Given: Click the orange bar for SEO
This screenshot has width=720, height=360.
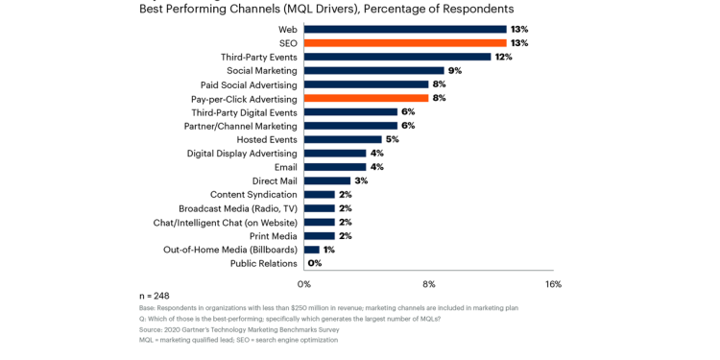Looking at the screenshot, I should pos(405,43).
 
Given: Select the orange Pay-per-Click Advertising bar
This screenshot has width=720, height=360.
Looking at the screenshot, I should pos(366,98).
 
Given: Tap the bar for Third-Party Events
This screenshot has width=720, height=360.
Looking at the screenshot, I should pos(397,57).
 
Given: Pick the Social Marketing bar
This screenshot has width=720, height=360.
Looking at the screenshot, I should pos(374,70).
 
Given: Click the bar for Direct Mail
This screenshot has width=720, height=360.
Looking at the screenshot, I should pos(327,180).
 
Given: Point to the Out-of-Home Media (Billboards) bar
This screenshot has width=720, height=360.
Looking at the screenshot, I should pos(312,250).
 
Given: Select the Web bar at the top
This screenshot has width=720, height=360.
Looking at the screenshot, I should pos(405,30).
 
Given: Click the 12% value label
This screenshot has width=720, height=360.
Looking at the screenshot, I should pos(503,57).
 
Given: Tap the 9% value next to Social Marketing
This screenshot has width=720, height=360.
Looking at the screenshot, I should pos(455,70).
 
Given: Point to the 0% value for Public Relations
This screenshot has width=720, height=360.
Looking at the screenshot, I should pos(315,263).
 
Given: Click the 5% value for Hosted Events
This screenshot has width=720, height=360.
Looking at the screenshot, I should pos(392,139).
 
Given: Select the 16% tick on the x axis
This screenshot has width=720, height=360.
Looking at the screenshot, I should pos(553,284).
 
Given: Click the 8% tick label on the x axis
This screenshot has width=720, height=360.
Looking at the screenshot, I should pos(429,284).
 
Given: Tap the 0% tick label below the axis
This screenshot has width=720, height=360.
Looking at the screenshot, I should pos(304,284).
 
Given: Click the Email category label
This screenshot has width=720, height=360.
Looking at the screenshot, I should pos(285,167).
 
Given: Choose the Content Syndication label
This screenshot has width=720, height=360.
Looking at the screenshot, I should pos(253,195).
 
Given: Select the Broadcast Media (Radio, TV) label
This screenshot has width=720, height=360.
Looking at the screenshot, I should pos(238,208).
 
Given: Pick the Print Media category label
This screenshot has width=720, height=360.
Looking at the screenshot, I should pos(273,236).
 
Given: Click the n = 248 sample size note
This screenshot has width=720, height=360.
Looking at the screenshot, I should pos(155,296).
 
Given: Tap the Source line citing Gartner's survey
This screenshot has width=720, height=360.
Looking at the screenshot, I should pos(239,329).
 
